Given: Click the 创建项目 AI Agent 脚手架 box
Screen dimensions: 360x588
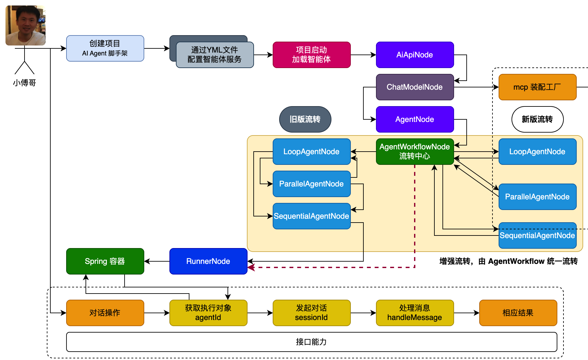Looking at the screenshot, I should [105, 48].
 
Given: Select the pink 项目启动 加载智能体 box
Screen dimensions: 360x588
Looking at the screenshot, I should [311, 55].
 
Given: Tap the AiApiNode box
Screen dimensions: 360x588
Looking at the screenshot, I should [415, 55].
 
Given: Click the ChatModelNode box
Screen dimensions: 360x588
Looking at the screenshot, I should [415, 87].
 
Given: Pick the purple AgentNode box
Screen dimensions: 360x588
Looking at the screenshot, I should [415, 119].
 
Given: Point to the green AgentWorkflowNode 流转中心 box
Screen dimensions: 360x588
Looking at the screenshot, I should [415, 152].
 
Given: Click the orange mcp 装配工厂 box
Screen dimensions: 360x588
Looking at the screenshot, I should [537, 87].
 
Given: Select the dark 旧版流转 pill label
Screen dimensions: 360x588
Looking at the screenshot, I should [305, 119].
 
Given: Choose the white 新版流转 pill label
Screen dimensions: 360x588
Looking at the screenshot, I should [537, 119].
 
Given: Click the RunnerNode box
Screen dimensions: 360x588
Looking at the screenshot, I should [208, 261].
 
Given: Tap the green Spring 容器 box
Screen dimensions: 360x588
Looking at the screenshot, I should [105, 261].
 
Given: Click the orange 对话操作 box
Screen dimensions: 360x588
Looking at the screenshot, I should [105, 313].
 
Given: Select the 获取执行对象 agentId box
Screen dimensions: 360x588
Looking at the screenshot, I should [208, 313].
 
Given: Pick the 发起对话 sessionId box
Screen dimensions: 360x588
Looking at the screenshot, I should [311, 313].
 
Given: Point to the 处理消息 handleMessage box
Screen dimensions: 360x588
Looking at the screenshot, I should [415, 313].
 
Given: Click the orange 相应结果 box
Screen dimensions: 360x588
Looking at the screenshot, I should [518, 313].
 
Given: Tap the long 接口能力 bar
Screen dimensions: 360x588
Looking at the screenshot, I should [311, 342].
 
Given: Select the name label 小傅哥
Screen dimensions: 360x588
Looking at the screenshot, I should [25, 83].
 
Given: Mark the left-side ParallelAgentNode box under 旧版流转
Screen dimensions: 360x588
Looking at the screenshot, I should [311, 184].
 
